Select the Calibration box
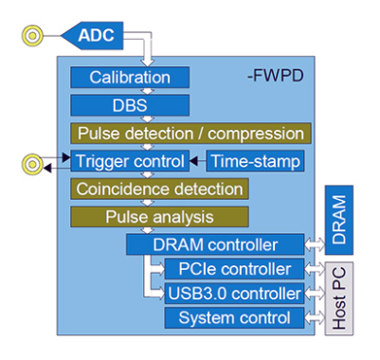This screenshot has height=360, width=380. point(130,77)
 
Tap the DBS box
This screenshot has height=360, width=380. point(130,104)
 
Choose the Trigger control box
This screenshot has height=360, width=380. point(130,162)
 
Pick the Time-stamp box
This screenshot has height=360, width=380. point(254,162)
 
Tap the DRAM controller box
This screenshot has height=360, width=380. point(215,244)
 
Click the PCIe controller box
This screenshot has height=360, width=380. point(235,269)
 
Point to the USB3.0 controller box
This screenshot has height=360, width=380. point(235,293)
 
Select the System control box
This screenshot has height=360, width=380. point(235,316)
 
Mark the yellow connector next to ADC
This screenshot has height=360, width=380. point(32,37)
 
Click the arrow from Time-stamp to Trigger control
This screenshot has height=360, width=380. point(198,162)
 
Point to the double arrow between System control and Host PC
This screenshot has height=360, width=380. point(316,316)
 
